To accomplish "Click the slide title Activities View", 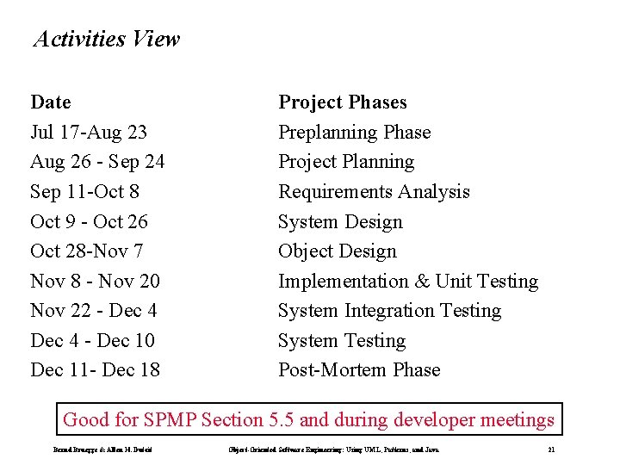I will (106, 40).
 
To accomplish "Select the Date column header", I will (51, 102).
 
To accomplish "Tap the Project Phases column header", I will (342, 102).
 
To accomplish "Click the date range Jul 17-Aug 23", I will (88, 133).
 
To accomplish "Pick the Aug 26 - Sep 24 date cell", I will (97, 162).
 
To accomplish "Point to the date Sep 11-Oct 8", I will (84, 192).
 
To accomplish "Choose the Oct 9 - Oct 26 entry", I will (89, 222).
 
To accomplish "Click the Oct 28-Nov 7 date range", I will (86, 251).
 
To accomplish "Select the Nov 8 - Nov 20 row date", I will (95, 282).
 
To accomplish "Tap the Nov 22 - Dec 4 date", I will (94, 311).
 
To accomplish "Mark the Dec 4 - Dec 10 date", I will (92, 341).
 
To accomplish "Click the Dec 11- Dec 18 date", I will (95, 370).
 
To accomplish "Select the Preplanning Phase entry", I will (354, 133).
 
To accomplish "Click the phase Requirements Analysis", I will (374, 192).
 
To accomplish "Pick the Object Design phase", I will (338, 251).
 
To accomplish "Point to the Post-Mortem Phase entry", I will (359, 370).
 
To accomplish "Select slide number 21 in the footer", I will (551, 450).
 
